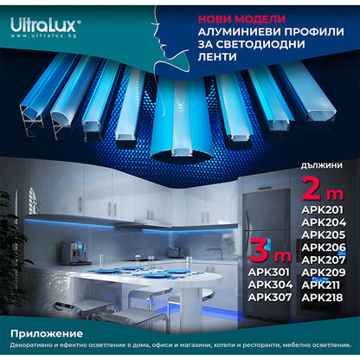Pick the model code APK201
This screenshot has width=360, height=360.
coord(321,209)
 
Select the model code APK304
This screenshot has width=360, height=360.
coord(269,287)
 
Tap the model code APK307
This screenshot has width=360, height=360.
coord(269,299)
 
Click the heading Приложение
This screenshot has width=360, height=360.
coord(47,333)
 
